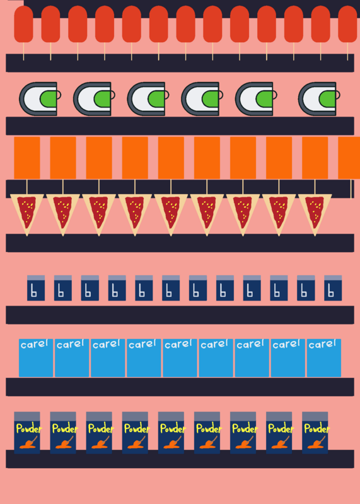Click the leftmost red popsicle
pyautogui.click(x=23, y=24)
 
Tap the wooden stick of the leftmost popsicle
pyautogui.click(x=23, y=52)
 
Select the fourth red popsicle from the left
pyautogui.click(x=105, y=24)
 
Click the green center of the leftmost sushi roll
pyautogui.click(x=49, y=99)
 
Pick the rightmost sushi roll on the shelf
pyautogui.click(x=319, y=99)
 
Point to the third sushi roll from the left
pyautogui.click(x=148, y=99)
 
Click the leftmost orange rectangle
pyautogui.click(x=27, y=157)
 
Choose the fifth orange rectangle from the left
pyautogui.click(x=171, y=157)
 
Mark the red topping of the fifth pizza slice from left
pyautogui.click(x=171, y=210)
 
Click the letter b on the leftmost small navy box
pyautogui.click(x=34, y=291)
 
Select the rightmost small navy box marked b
pyautogui.click(x=333, y=288)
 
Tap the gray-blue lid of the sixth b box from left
pyautogui.click(x=171, y=278)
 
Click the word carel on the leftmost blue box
pyautogui.click(x=34, y=344)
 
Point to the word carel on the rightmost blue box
pyautogui.click(x=322, y=344)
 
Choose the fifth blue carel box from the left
pyautogui.click(x=180, y=358)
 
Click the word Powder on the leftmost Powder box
pyautogui.click(x=29, y=429)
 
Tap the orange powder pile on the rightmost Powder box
pyautogui.click(x=316, y=444)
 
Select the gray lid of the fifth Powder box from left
pyautogui.click(x=171, y=416)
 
